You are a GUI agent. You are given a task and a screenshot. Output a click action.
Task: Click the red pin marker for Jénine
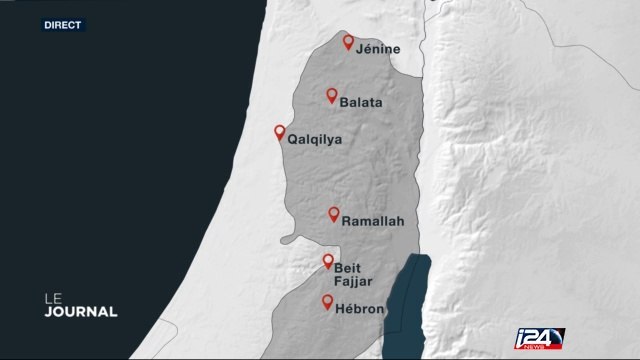pos(348,43)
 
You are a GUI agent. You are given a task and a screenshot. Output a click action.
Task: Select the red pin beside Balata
pos(331,96)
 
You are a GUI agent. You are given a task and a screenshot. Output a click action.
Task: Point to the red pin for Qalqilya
pos(279,132)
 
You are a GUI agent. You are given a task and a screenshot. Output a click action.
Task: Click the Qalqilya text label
pos(314,140)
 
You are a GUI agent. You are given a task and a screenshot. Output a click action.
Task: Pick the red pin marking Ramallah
pos(334,214)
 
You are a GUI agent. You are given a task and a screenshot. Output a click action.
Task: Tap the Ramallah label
pos(372,221)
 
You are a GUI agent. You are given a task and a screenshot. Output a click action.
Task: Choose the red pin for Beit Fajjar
pos(327,262)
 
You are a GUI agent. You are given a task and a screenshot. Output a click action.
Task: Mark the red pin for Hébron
pos(327,302)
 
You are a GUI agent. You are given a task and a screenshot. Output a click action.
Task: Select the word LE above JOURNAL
pos(51,296)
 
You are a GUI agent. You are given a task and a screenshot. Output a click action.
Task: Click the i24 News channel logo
pos(539,338)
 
